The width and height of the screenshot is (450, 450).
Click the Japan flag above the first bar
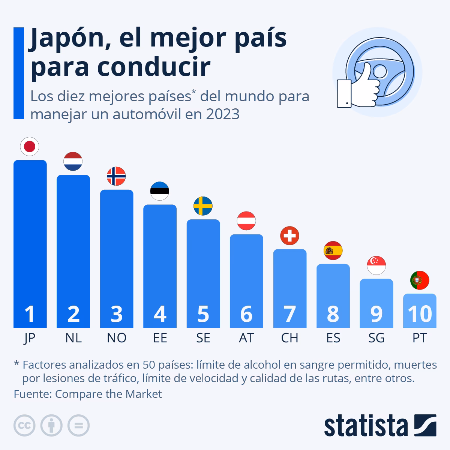[30, 147]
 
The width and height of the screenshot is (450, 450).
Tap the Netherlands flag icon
[73, 162]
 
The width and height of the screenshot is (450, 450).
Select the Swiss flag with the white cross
[289, 236]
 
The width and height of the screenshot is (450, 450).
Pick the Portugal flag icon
[420, 280]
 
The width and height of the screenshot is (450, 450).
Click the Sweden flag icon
[203, 206]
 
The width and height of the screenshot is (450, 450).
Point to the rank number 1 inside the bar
[30, 313]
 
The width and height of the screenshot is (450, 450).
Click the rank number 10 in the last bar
[420, 313]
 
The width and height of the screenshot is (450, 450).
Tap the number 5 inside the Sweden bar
[203, 313]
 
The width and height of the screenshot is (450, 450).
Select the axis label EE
[160, 338]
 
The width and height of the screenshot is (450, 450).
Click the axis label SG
[376, 338]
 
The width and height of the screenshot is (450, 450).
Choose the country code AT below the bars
[246, 338]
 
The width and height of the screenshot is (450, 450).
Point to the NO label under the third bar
[116, 338]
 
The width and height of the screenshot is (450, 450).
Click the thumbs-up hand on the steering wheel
[360, 86]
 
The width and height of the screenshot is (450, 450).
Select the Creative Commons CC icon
[24, 426]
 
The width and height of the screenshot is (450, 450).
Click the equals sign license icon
[78, 426]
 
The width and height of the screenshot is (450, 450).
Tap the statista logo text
[366, 426]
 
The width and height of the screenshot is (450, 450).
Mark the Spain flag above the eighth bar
[333, 250]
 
